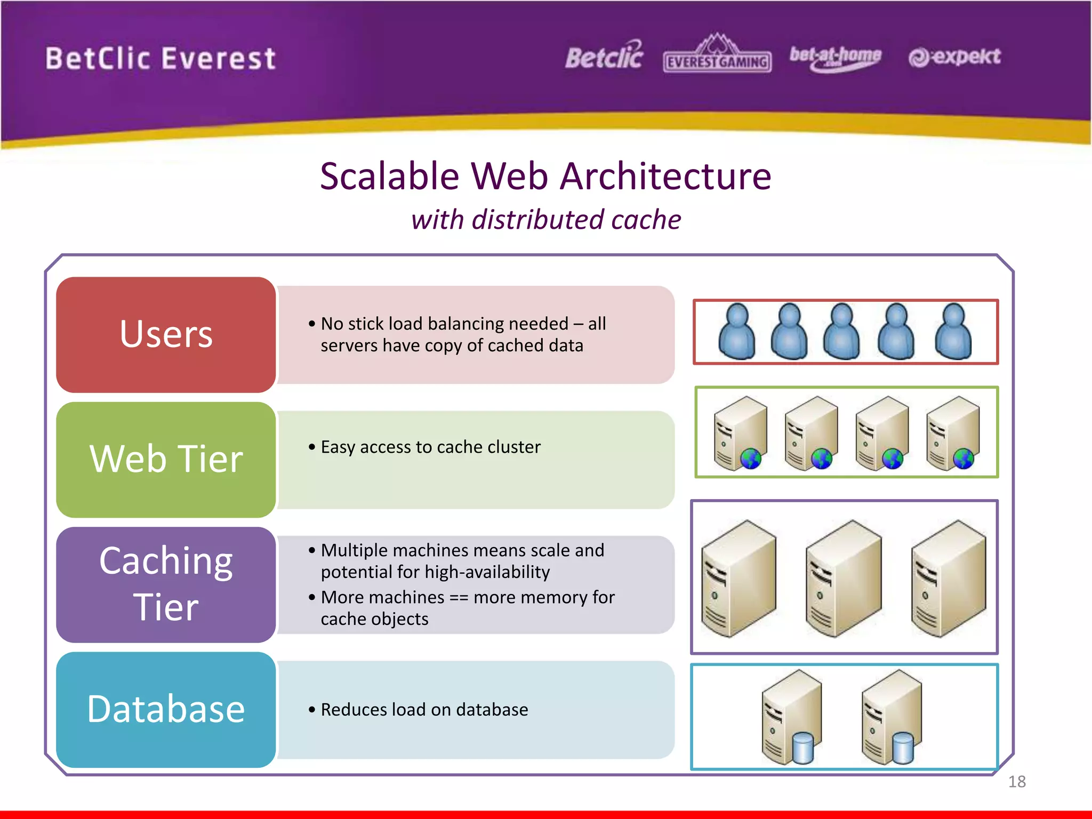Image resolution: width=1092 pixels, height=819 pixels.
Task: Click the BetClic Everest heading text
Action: coord(160,59)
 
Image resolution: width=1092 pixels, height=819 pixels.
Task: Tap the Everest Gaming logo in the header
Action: coord(717,56)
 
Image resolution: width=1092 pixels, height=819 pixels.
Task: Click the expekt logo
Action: coord(954,57)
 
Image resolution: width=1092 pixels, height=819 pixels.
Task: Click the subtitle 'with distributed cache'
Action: coord(546,220)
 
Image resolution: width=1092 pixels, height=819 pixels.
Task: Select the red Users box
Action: coord(166,334)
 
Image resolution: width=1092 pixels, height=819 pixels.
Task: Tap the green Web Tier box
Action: coord(166,459)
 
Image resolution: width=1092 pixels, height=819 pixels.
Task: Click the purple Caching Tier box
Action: coord(166,584)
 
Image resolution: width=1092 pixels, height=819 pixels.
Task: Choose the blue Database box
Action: coord(166,709)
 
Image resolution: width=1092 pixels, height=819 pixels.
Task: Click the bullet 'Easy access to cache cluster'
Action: coord(431,447)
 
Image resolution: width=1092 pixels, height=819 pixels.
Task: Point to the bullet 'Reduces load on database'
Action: coord(424,710)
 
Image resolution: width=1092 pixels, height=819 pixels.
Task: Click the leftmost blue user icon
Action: coord(737,332)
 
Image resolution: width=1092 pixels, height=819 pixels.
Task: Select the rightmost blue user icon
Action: coord(953,332)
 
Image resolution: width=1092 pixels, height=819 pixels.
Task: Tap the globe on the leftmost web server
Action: coord(751,458)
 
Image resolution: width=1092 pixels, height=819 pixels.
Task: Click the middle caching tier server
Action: coord(844,579)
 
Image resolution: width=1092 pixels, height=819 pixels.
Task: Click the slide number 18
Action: coord(1017,782)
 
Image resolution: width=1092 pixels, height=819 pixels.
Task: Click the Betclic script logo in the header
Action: coord(604,56)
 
